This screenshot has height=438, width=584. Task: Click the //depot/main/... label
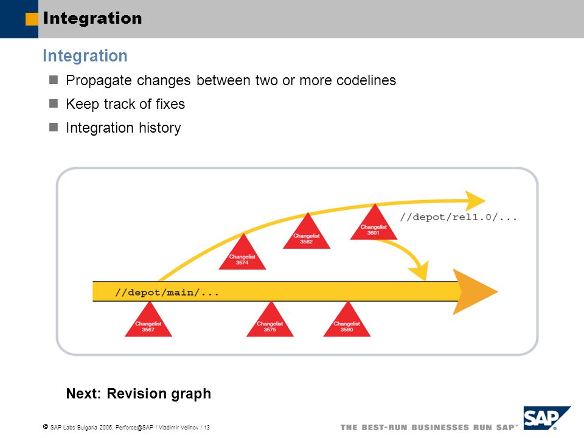click(x=167, y=293)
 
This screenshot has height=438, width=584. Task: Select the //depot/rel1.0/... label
click(x=459, y=217)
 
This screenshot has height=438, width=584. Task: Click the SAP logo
click(x=547, y=418)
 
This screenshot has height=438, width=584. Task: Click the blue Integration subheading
click(x=85, y=56)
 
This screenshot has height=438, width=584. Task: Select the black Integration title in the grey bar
click(x=92, y=18)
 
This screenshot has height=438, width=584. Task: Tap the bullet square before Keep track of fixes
click(x=54, y=103)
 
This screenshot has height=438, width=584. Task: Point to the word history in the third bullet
click(x=160, y=128)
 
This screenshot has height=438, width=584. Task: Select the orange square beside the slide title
click(x=32, y=19)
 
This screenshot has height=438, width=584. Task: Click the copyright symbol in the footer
click(x=46, y=426)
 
